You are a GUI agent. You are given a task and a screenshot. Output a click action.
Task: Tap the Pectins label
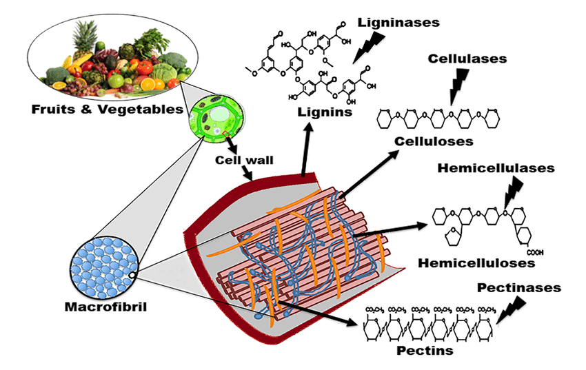tap(425, 350)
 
